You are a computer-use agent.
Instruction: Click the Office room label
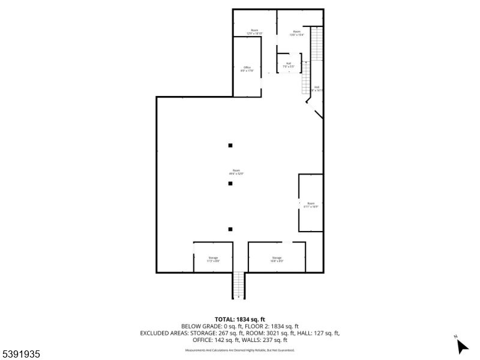click(247, 69)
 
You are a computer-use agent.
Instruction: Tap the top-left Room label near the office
click(254, 32)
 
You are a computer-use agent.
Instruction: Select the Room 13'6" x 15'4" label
click(296, 33)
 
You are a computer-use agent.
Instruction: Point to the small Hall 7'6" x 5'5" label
click(289, 65)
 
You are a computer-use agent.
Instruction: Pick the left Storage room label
click(213, 259)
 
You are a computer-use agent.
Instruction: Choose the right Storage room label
click(277, 259)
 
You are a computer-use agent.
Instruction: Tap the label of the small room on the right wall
click(311, 205)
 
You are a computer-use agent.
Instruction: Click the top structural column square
click(230, 145)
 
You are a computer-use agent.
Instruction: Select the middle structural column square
click(230, 184)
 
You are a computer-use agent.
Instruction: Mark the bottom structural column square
click(230, 229)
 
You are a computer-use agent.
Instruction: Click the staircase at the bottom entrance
click(239, 285)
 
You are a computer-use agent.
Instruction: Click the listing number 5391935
click(21, 355)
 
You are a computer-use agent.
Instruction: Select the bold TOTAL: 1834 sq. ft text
click(239, 319)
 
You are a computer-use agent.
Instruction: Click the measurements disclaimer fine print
click(239, 350)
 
